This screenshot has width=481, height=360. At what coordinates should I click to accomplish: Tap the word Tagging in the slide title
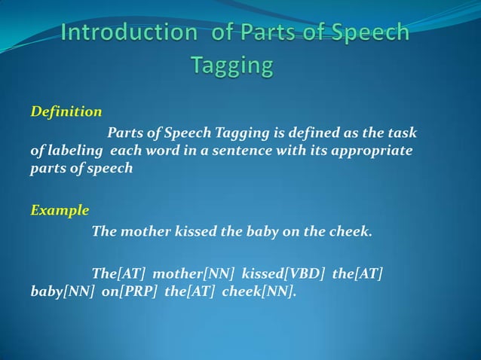pyautogui.click(x=232, y=66)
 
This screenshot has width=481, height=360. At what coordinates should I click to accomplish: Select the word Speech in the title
pyautogui.click(x=369, y=34)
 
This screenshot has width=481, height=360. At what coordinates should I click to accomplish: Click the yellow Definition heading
pyautogui.click(x=66, y=112)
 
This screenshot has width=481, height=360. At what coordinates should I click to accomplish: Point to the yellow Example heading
pyautogui.click(x=60, y=210)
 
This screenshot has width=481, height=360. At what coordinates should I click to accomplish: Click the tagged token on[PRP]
pyautogui.click(x=128, y=291)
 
